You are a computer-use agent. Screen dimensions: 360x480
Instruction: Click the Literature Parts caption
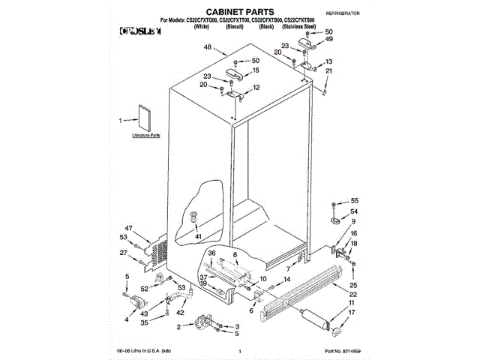click(x=145, y=136)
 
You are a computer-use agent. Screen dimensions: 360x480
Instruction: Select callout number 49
click(x=328, y=39)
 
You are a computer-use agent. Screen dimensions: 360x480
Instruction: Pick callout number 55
click(x=355, y=201)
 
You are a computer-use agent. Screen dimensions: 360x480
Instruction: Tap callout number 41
click(x=199, y=237)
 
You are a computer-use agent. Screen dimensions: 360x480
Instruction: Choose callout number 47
click(x=128, y=228)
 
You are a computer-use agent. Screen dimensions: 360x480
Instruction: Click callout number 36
click(x=211, y=253)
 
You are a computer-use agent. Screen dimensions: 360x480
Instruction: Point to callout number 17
click(x=352, y=312)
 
